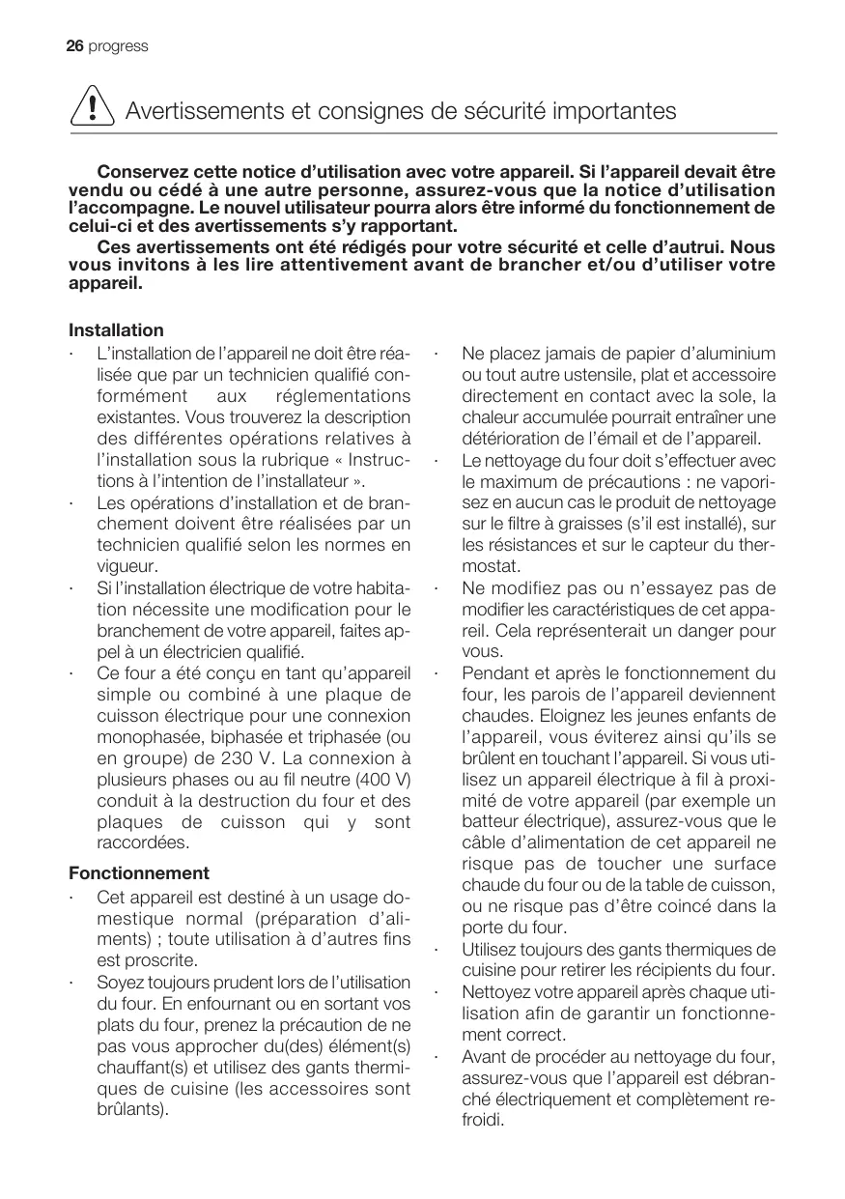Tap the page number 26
75,46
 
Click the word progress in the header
118,46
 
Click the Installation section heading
116,330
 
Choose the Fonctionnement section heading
139,872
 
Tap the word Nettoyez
497,992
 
